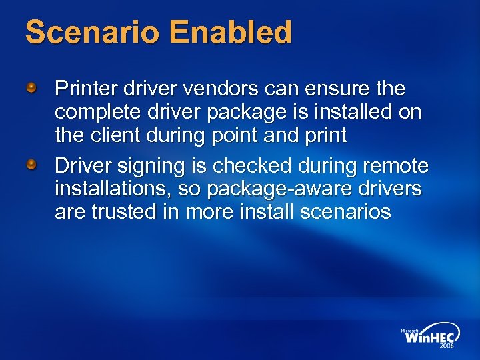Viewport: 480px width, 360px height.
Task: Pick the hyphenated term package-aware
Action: click(277, 189)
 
